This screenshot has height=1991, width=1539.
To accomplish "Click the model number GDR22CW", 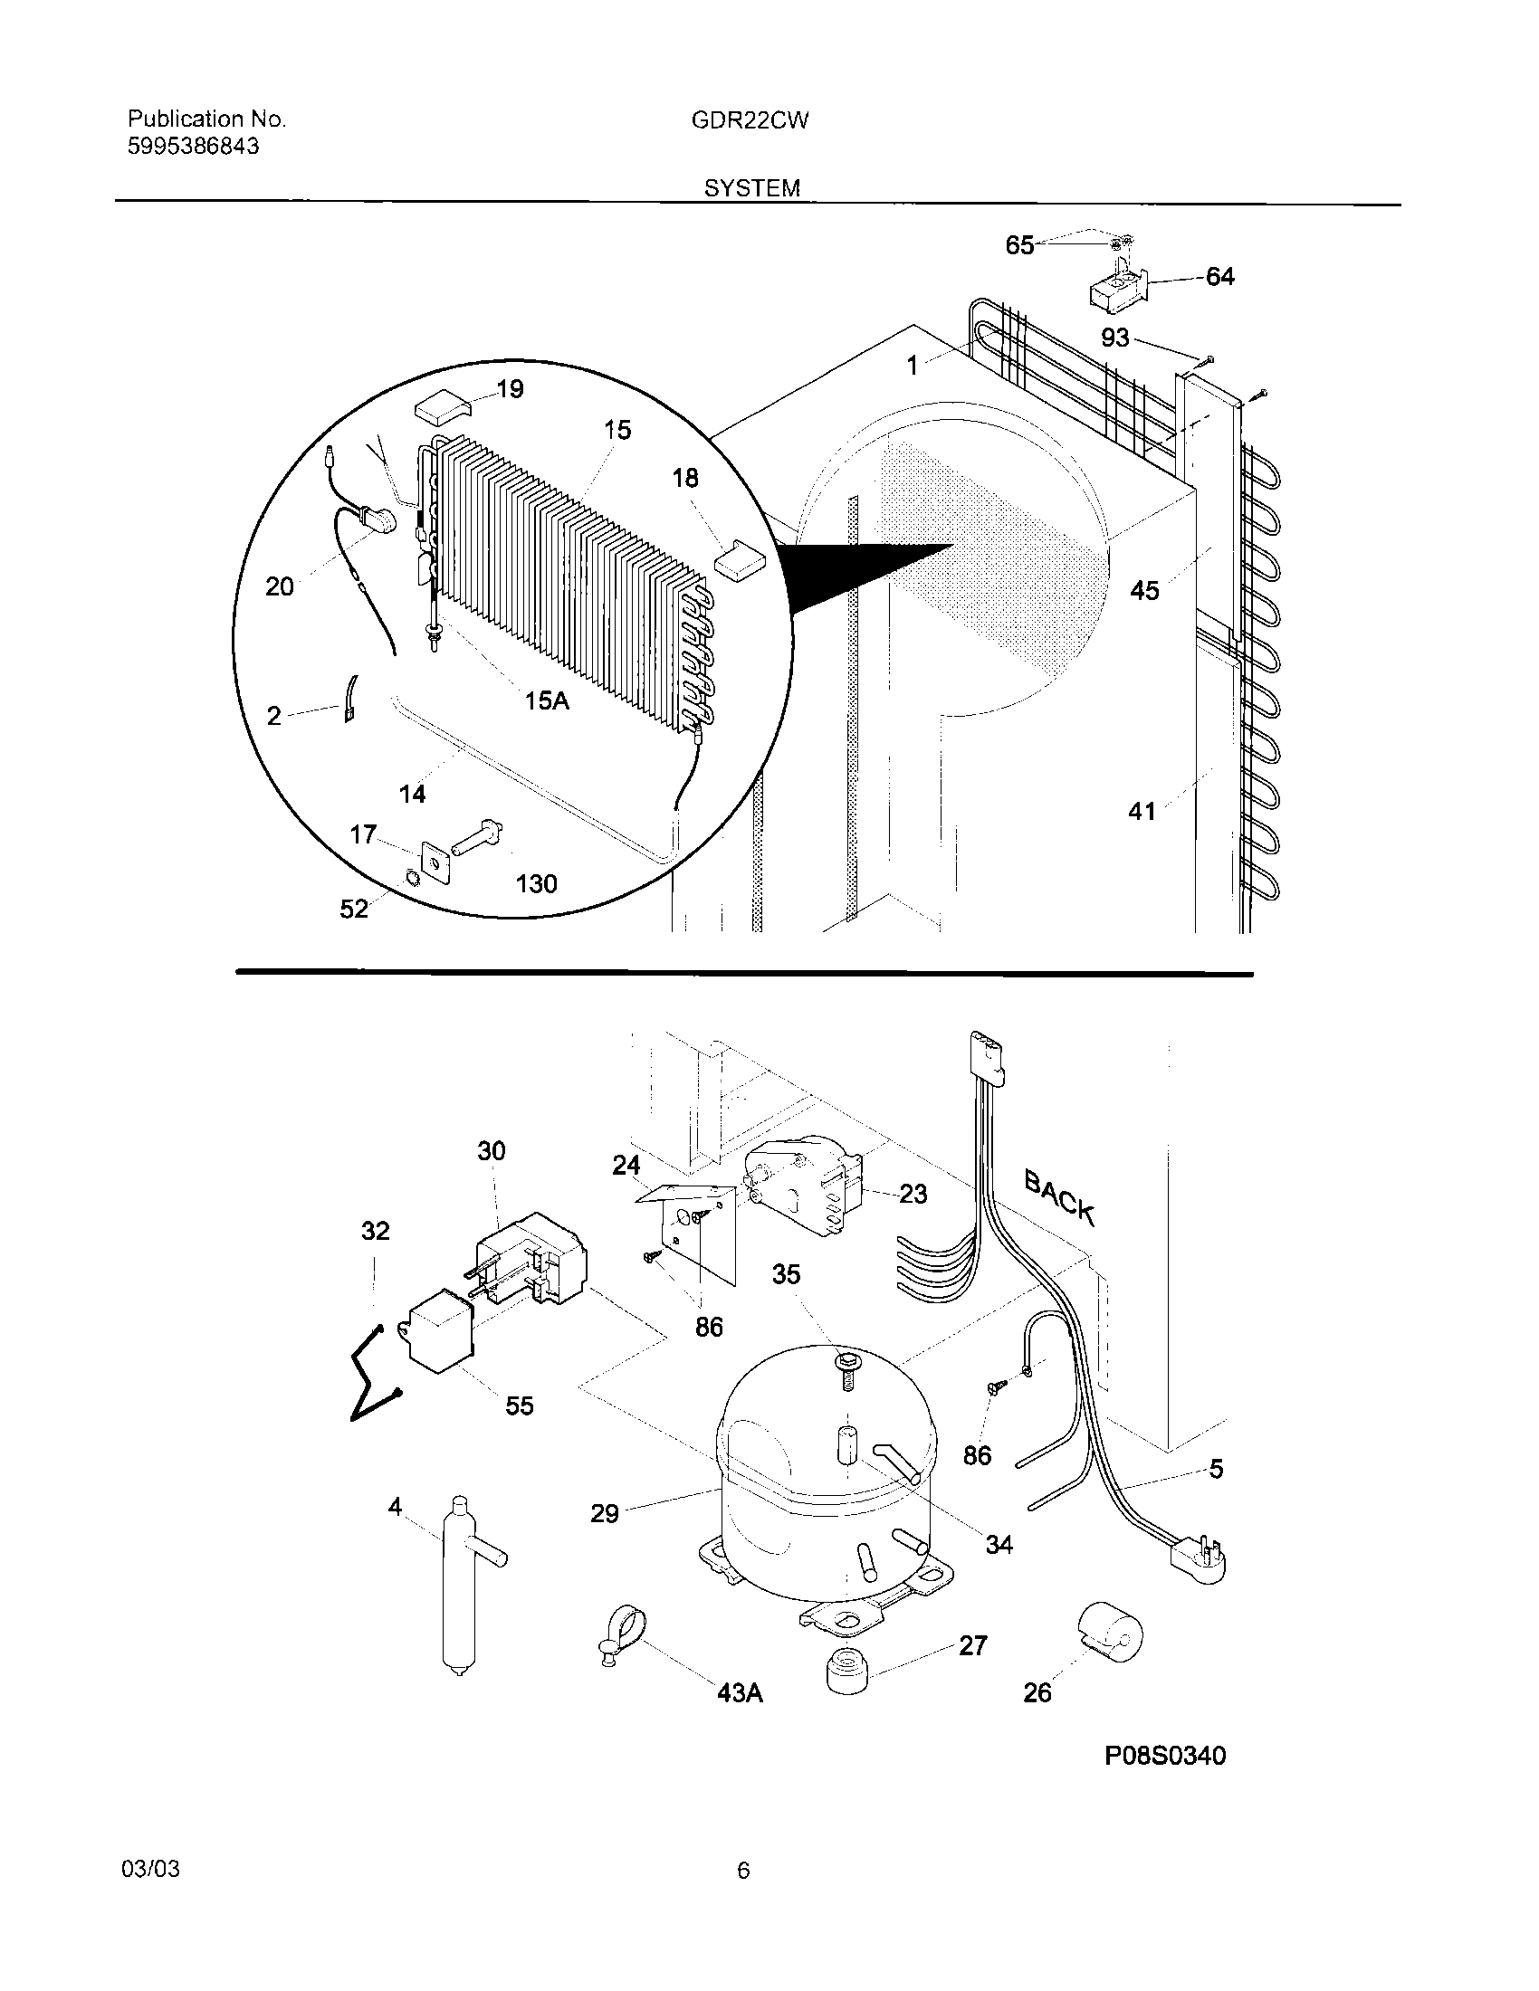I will click(x=750, y=120).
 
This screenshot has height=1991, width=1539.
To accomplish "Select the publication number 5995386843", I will click(x=194, y=147).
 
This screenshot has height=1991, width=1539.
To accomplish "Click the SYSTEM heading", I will click(x=751, y=188).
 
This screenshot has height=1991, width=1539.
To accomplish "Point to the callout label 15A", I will click(x=547, y=701).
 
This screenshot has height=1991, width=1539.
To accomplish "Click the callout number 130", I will click(x=536, y=883).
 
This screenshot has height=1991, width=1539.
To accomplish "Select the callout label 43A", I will click(x=740, y=1693).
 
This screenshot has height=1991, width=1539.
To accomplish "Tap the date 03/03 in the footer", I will click(x=150, y=1870).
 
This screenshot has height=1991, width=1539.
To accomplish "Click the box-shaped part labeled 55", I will click(x=437, y=1336).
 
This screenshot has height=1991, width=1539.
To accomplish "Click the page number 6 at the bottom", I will click(x=743, y=1871).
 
